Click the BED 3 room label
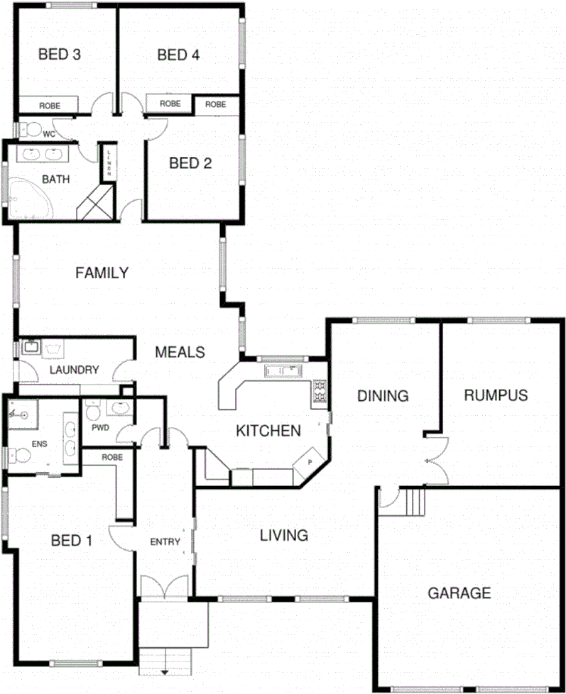click(58, 55)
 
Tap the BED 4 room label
click(178, 55)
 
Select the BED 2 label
click(190, 163)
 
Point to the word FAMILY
click(102, 272)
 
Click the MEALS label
click(180, 352)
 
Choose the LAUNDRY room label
click(75, 370)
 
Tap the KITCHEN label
click(268, 430)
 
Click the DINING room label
click(383, 396)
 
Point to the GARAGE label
click(459, 593)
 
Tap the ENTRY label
click(165, 542)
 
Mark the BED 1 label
click(72, 541)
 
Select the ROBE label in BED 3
click(50, 105)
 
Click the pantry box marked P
click(310, 461)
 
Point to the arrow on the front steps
click(165, 670)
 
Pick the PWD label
click(99, 428)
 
